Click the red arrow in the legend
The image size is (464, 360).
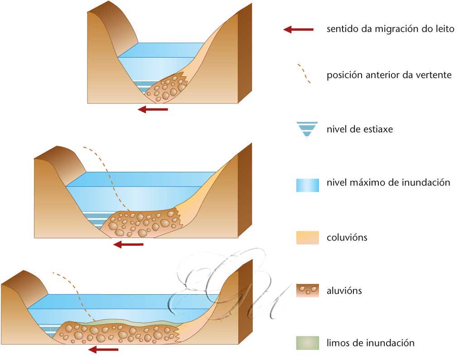298,29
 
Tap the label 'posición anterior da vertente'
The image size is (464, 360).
389,75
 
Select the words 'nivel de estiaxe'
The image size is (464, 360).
359,129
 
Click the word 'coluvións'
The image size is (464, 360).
347,237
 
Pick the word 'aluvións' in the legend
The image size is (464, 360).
344,291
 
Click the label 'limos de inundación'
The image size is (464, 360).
370,343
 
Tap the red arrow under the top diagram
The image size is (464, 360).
153,109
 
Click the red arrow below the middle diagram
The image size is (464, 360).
128,245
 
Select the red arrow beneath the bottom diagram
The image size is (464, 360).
103,350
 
